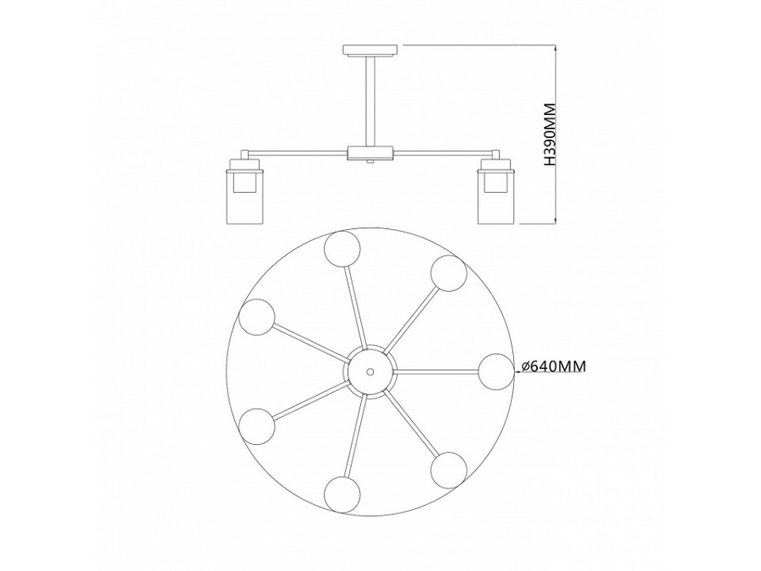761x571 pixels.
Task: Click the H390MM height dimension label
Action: click(550, 135)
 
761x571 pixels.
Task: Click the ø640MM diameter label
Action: click(552, 366)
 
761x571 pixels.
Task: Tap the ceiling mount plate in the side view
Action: click(370, 50)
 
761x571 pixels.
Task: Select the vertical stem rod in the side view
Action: click(370, 102)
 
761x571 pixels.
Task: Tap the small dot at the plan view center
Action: click(370, 371)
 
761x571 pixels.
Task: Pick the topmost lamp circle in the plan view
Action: click(343, 249)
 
